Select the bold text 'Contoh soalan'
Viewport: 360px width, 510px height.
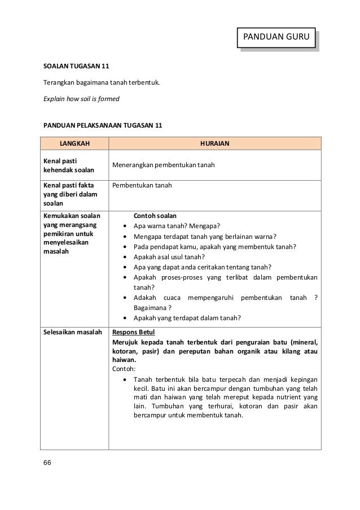point(155,216)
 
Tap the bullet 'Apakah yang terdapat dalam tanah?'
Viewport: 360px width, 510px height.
point(187,317)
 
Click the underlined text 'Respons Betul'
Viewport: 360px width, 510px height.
point(134,332)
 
